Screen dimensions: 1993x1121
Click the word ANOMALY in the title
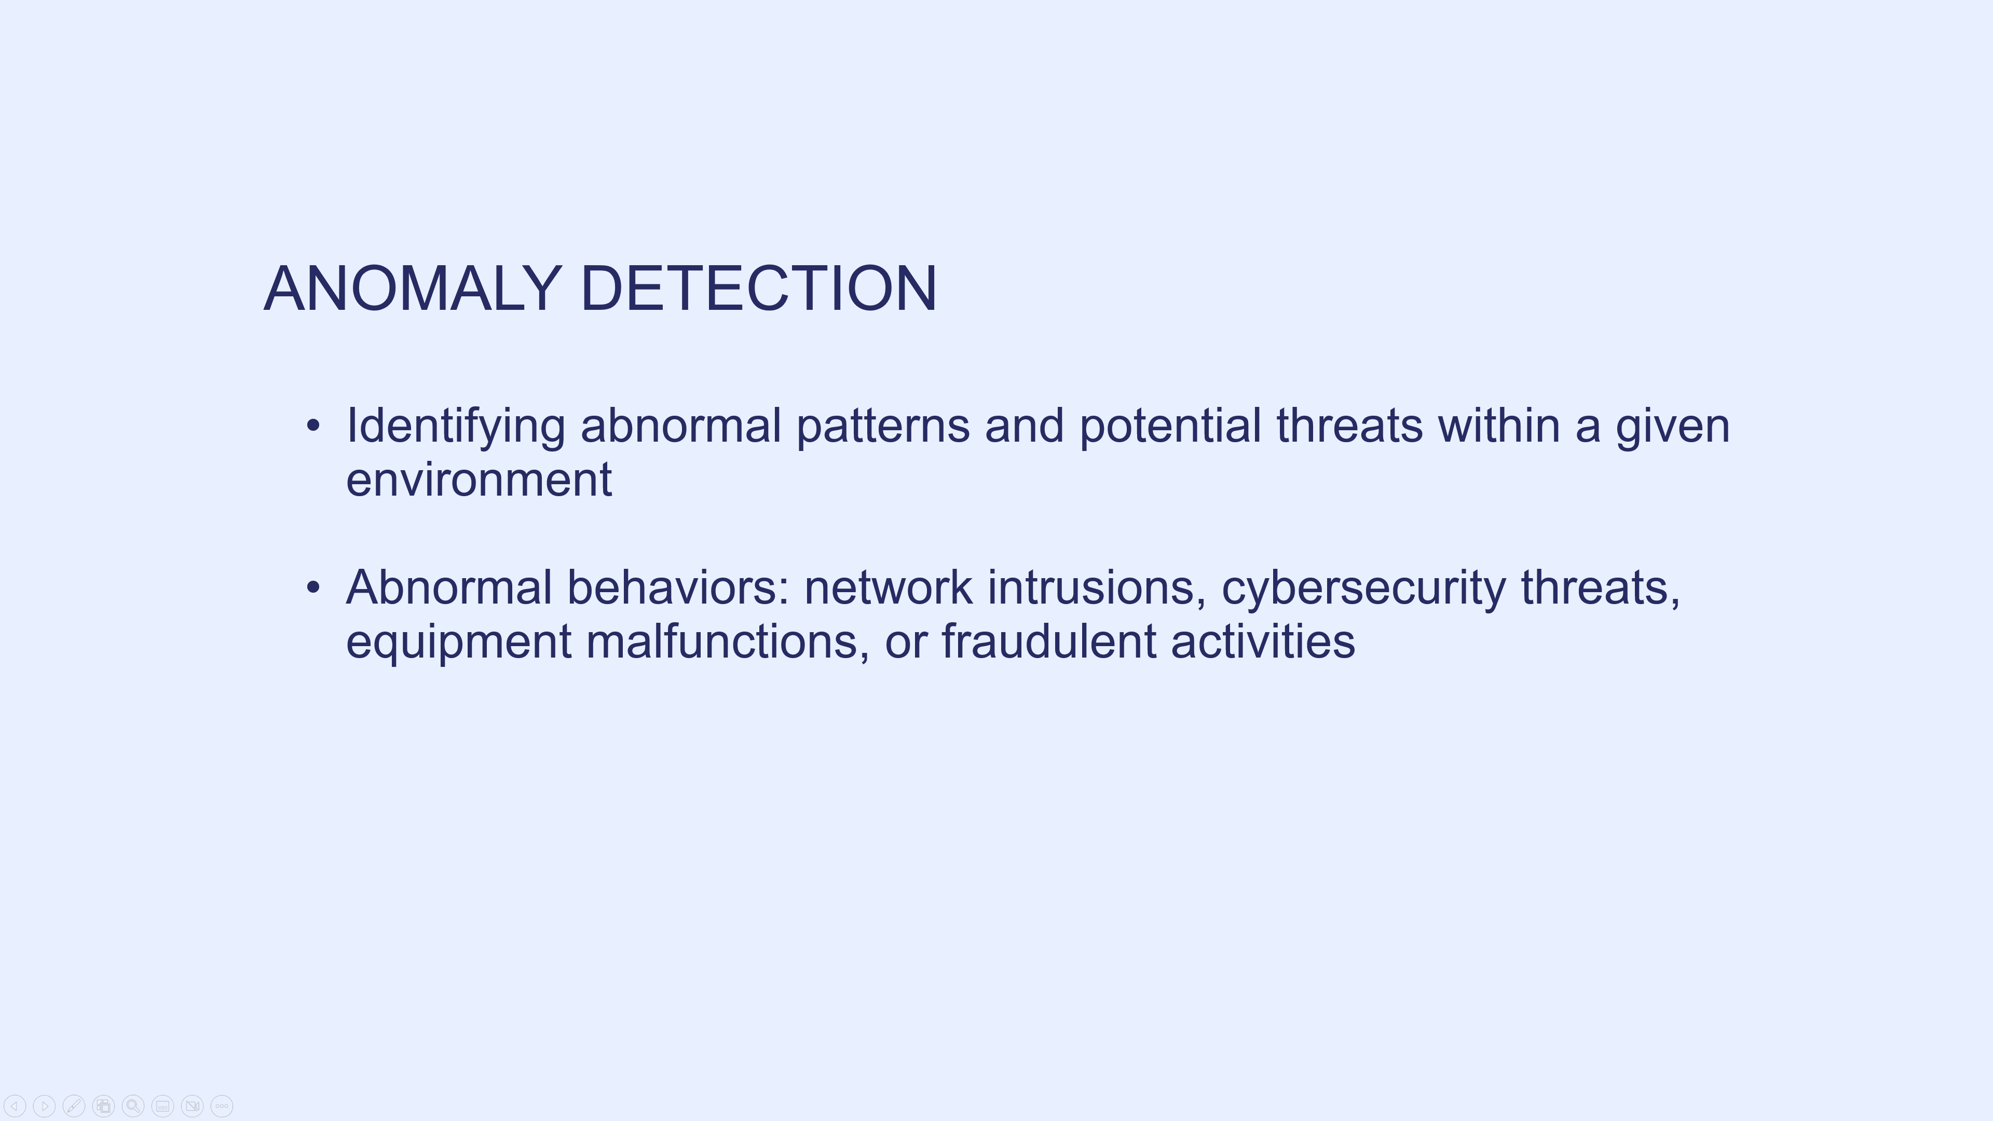[x=413, y=289]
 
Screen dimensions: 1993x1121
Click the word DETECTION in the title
[x=759, y=289]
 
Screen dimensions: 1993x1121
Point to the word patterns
[x=883, y=428]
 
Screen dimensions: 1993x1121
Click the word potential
[x=1170, y=428]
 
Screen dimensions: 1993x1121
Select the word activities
[x=1263, y=641]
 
